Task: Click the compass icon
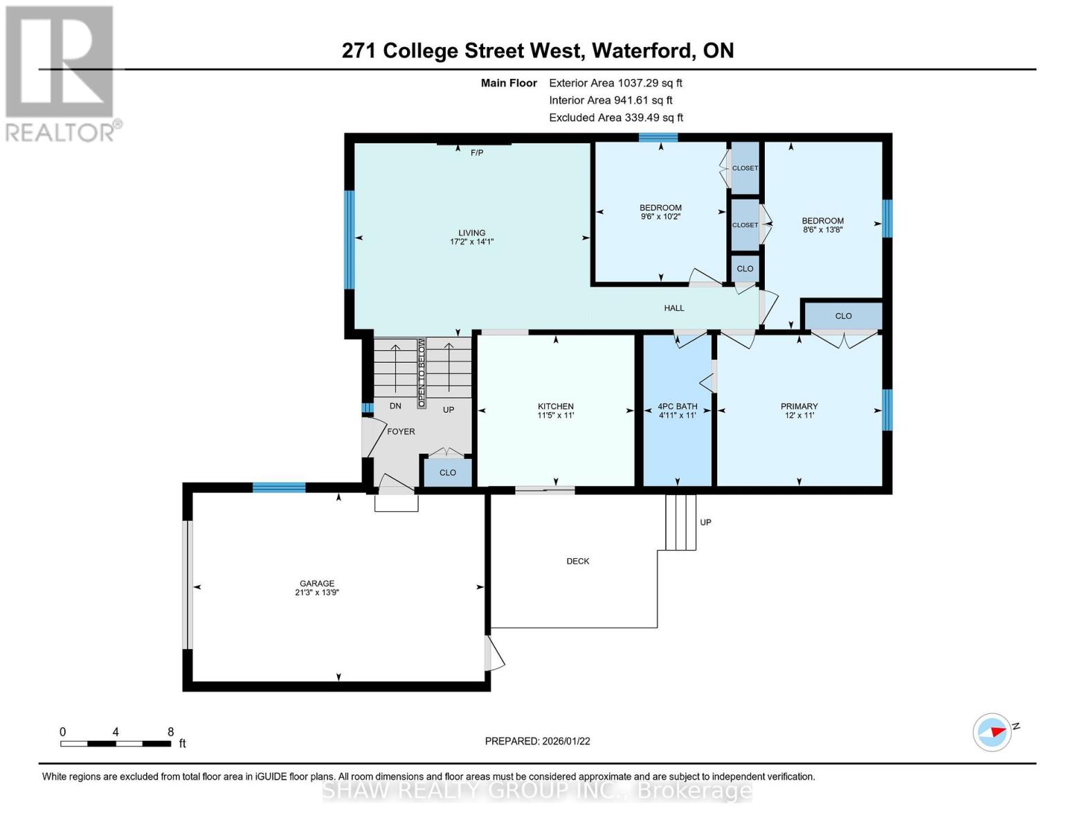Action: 992,731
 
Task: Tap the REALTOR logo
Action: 60,73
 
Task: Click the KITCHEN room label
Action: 555,406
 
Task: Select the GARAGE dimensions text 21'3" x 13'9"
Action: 317,593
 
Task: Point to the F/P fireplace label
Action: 477,152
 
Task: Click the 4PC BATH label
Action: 677,406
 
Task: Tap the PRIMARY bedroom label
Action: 799,406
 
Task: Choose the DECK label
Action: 578,561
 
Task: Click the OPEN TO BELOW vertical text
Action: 421,372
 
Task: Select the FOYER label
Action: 401,431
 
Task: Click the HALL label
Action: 674,308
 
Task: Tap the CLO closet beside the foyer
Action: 448,472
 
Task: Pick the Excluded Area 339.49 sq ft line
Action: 615,118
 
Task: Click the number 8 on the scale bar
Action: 170,732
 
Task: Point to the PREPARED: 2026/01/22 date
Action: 537,741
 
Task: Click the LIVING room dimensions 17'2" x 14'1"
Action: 471,242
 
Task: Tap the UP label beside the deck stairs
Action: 705,522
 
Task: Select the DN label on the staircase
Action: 395,406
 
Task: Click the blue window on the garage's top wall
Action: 279,488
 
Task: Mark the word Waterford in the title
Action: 644,51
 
